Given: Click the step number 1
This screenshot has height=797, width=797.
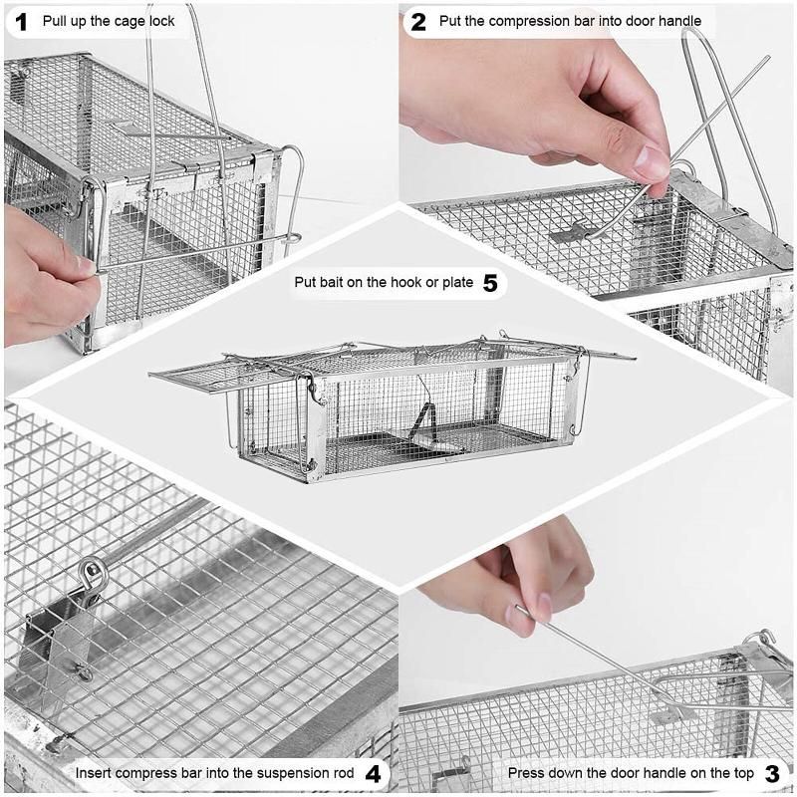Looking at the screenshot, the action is (x=21, y=22).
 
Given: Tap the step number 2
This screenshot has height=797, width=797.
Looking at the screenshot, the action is (x=417, y=22).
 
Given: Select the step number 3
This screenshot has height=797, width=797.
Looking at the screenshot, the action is (x=771, y=774).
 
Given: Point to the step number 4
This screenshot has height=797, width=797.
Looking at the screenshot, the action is (x=373, y=774).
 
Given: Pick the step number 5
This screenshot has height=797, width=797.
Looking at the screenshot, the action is (x=490, y=283).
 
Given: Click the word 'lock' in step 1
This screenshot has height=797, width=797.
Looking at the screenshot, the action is (x=161, y=21).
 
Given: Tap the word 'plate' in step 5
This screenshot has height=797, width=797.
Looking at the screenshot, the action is (x=459, y=283).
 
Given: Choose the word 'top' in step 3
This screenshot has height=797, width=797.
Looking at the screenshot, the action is (x=743, y=774).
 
